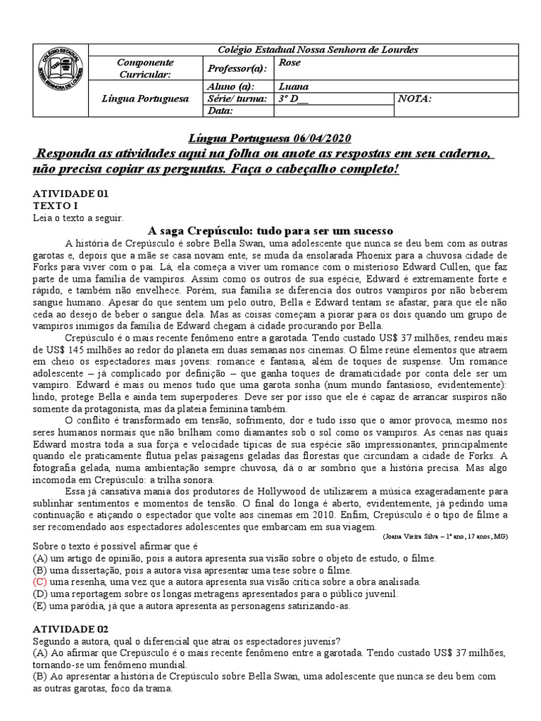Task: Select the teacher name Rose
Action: pyautogui.click(x=290, y=63)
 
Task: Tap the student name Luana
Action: pyautogui.click(x=294, y=87)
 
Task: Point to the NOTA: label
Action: pyautogui.click(x=414, y=99)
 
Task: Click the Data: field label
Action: pyautogui.click(x=220, y=111)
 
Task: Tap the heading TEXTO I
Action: pyautogui.click(x=56, y=206)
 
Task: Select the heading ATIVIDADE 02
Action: pyautogui.click(x=71, y=629)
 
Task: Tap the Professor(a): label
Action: pyautogui.click(x=236, y=68)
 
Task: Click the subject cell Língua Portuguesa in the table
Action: pyautogui.click(x=145, y=99)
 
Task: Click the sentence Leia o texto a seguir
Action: pyautogui.click(x=78, y=218)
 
